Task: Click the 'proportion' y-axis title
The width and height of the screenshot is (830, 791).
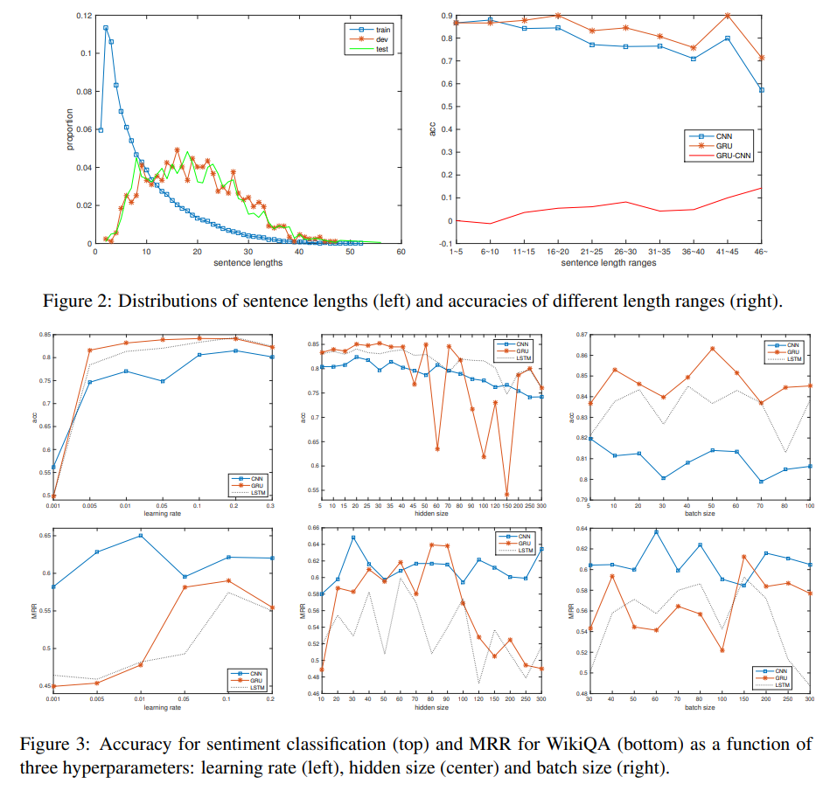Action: click(x=71, y=129)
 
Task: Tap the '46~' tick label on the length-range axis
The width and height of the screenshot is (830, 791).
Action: click(x=762, y=252)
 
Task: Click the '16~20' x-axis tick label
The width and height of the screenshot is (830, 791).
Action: click(x=559, y=252)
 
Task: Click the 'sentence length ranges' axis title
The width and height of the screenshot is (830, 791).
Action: click(x=609, y=262)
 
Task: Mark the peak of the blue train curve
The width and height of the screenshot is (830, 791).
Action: click(x=106, y=27)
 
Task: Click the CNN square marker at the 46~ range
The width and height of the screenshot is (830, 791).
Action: click(x=762, y=89)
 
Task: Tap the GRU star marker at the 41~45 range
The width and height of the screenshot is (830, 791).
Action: click(x=728, y=15)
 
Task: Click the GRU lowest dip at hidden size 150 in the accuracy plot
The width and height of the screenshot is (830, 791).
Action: click(x=506, y=495)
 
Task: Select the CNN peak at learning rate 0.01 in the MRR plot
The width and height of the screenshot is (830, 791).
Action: click(x=140, y=536)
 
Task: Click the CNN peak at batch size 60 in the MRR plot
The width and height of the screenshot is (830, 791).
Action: click(x=654, y=531)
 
